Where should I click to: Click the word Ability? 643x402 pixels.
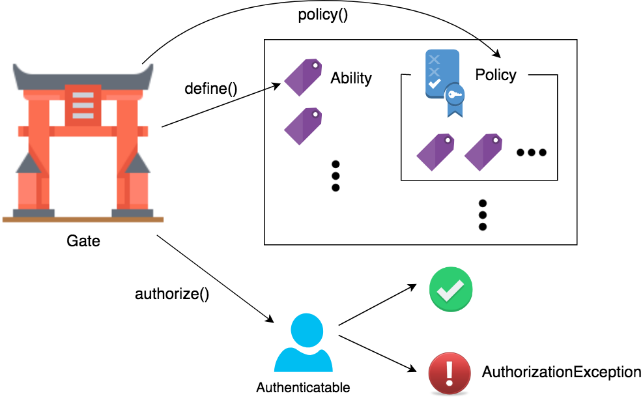(x=351, y=78)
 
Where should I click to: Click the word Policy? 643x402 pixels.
(x=496, y=75)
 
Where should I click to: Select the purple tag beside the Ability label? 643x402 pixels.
(x=303, y=78)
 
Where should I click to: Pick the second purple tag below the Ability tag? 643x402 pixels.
(x=303, y=126)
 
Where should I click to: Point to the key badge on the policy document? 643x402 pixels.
(x=455, y=96)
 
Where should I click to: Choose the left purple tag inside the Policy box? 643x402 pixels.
(x=435, y=152)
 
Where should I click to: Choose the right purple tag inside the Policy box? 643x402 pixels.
(x=483, y=152)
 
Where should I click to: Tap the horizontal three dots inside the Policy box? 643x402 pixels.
(x=531, y=152)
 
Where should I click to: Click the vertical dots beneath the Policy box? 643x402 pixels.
(x=483, y=215)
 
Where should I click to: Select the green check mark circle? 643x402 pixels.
(x=450, y=289)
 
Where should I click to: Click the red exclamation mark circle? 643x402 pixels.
(x=450, y=373)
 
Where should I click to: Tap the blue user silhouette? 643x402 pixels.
(x=304, y=343)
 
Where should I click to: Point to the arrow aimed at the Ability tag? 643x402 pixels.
(x=274, y=87)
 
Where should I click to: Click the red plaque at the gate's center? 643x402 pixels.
(x=83, y=105)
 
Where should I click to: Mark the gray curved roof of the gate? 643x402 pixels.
(x=83, y=78)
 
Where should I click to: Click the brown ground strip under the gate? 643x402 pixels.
(x=83, y=220)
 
